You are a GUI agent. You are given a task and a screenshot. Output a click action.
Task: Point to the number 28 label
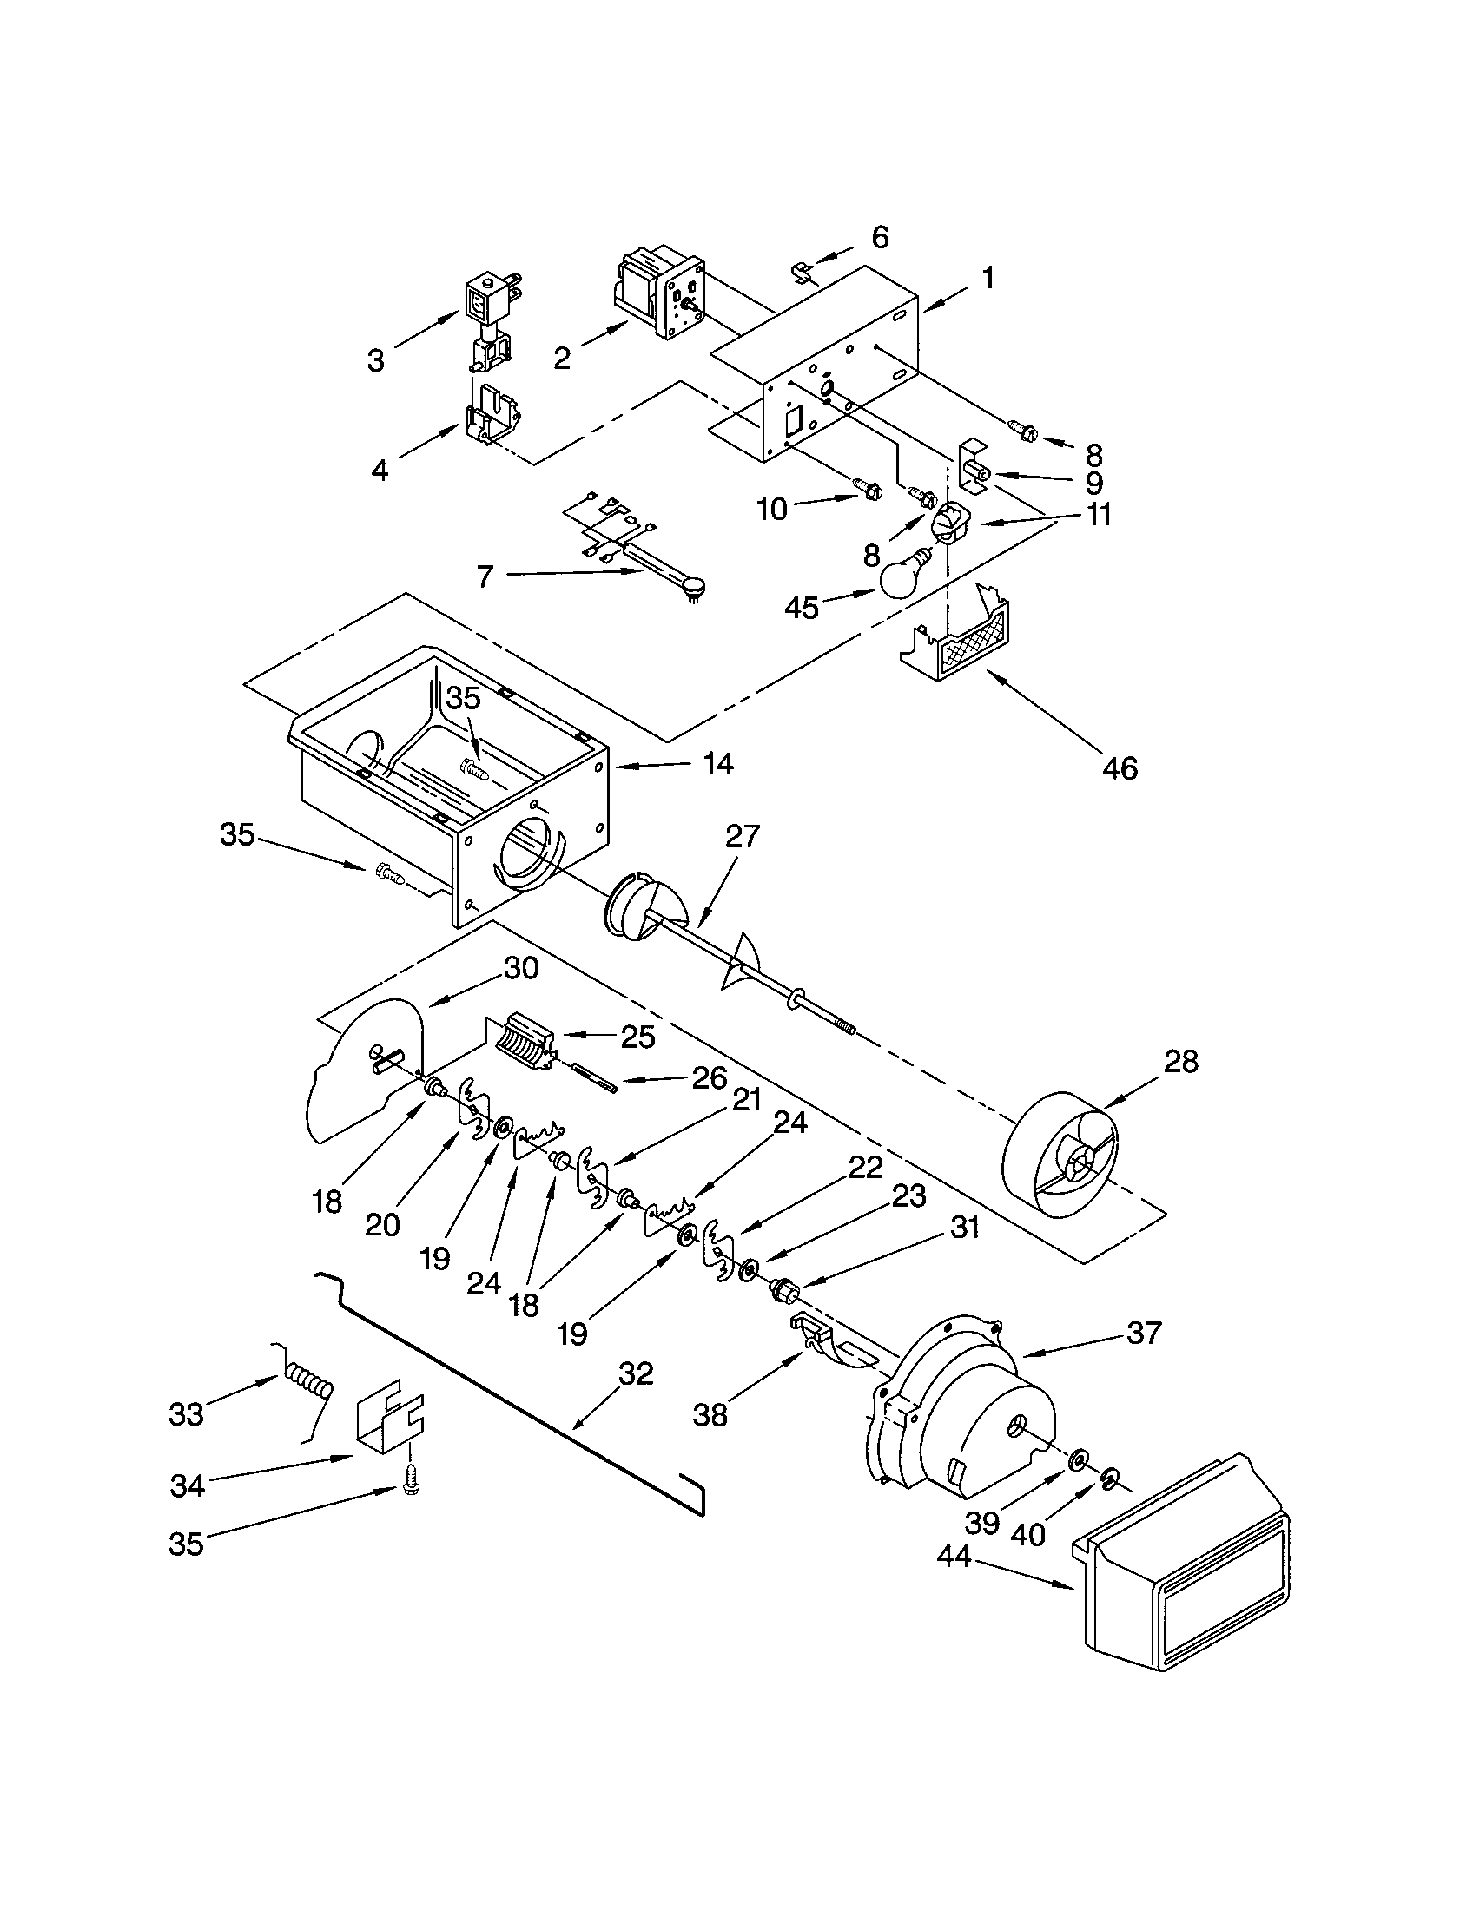pos(1180,1062)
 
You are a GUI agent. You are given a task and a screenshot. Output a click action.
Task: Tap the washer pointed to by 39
pos(1079,1458)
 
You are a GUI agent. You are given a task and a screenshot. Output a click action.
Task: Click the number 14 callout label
pos(718,763)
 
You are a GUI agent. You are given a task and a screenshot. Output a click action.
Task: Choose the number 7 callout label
pos(485,576)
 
